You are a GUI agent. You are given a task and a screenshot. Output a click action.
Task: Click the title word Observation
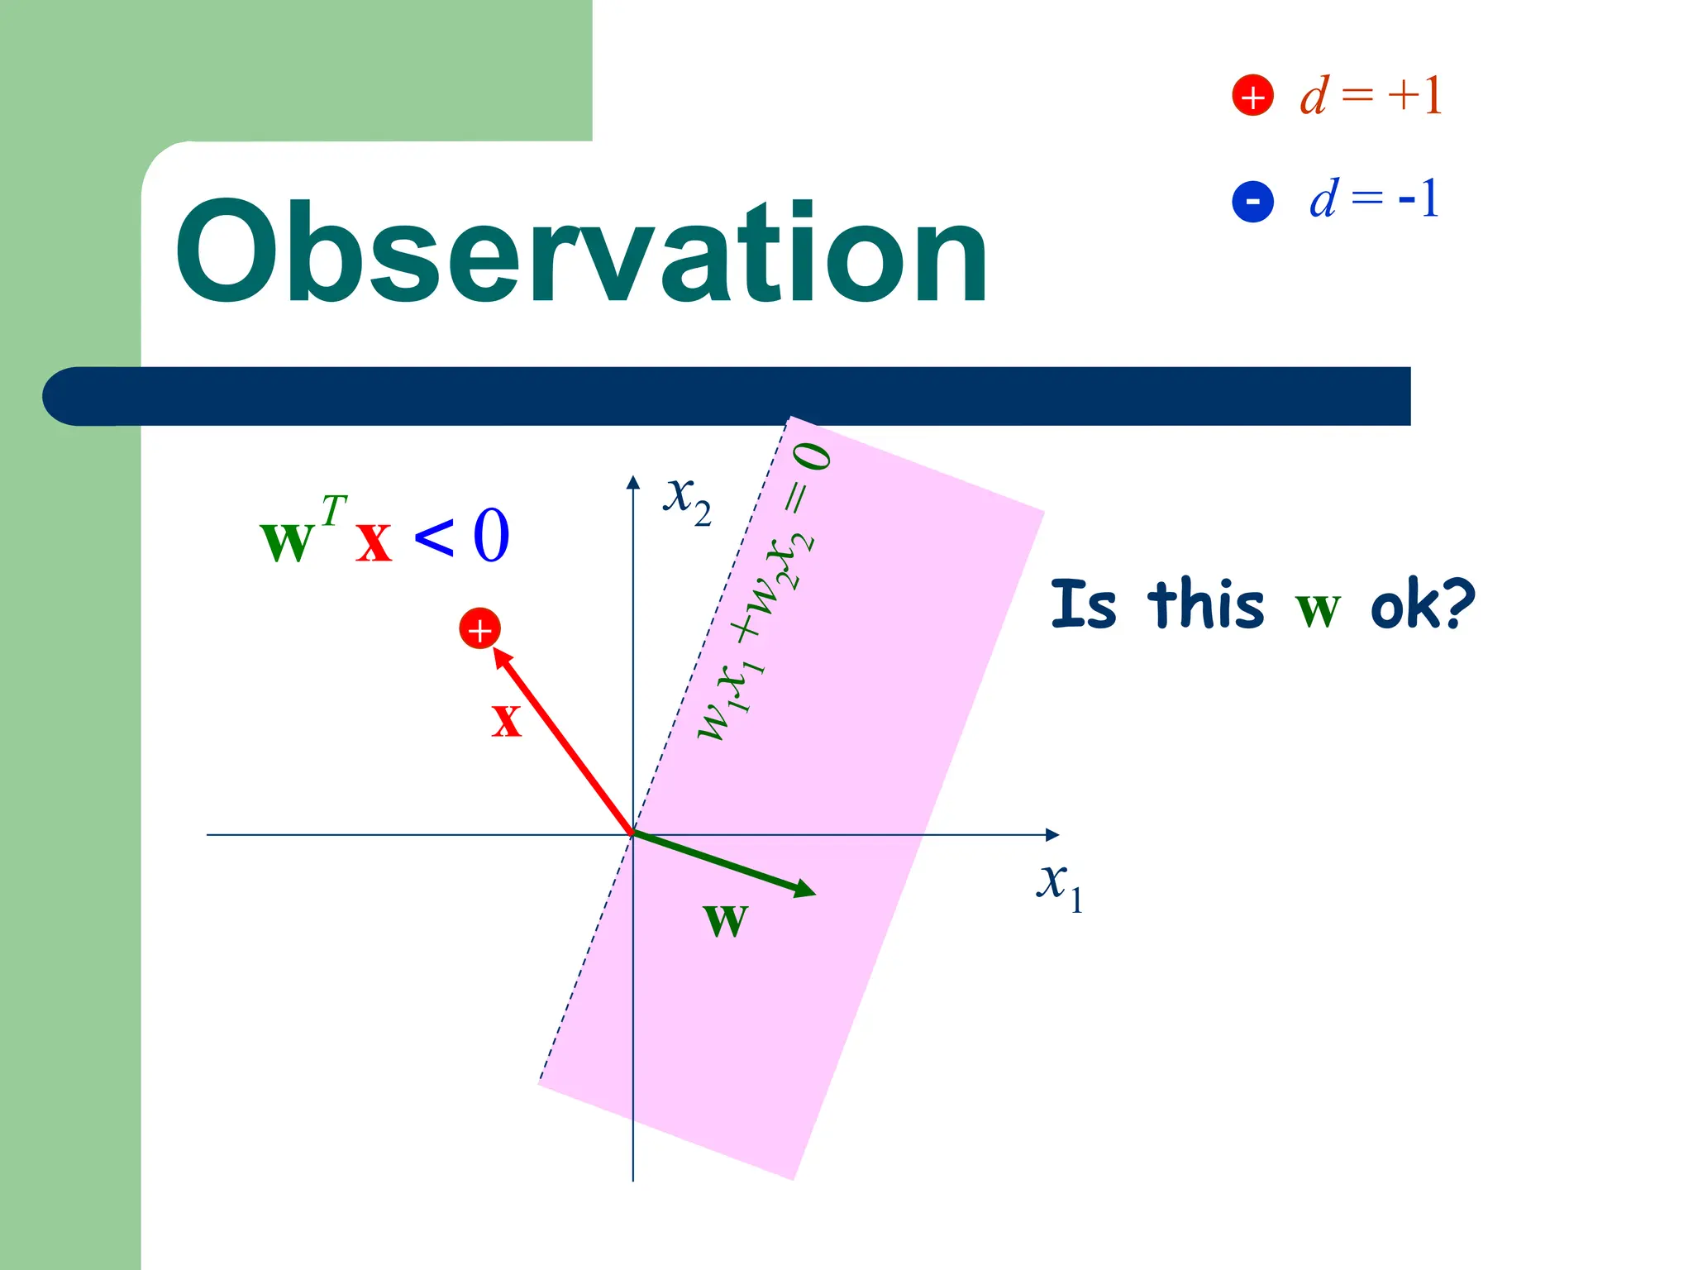[x=581, y=253]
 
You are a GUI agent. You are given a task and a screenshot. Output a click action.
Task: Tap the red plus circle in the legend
[x=1252, y=96]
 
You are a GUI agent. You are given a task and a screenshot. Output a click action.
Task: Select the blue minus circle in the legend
[x=1252, y=201]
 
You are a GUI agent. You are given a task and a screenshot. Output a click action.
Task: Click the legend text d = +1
[x=1371, y=96]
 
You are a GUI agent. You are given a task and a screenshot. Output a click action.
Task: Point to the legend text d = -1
[x=1374, y=199]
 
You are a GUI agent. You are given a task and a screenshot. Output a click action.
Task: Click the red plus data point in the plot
[x=479, y=629]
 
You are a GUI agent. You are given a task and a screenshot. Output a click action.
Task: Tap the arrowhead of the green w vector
[x=806, y=890]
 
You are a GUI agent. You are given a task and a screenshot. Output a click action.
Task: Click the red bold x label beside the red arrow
[x=506, y=719]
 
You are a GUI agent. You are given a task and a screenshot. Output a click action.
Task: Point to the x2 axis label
[x=686, y=499]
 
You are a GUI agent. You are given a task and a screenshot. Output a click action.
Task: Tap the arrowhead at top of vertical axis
[x=633, y=481]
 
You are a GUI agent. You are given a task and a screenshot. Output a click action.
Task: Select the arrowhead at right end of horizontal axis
[x=1052, y=835]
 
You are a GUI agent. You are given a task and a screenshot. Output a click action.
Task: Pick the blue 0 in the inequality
[x=491, y=536]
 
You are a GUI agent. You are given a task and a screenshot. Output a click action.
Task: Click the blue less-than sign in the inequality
[x=434, y=537]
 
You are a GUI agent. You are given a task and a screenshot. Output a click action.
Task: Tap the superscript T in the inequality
[x=334, y=510]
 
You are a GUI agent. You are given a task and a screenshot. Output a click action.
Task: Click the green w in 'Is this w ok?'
[x=1317, y=609]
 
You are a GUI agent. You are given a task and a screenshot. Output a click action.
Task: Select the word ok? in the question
[x=1422, y=604]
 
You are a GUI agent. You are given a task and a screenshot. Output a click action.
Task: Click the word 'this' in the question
[x=1206, y=604]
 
